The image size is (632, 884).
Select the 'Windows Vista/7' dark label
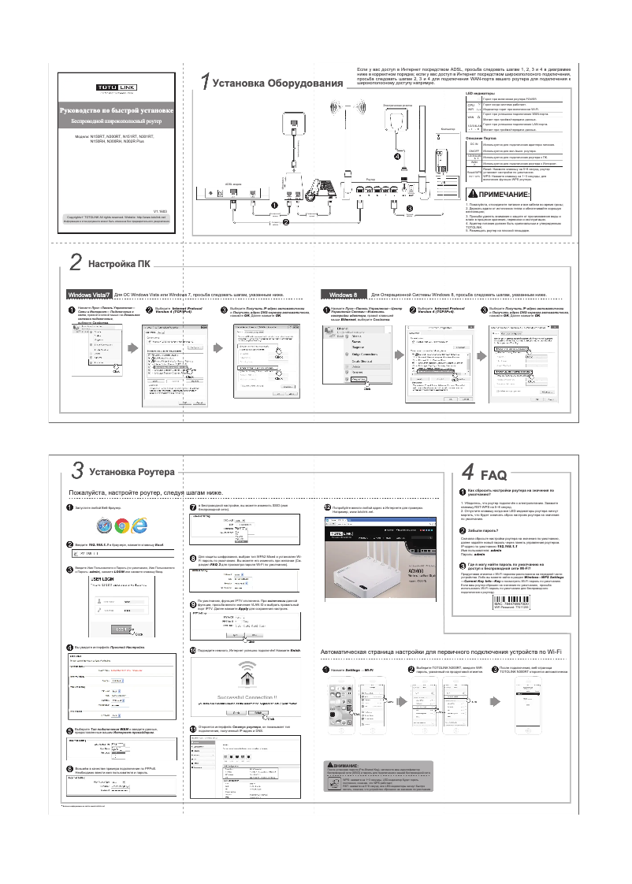point(89,294)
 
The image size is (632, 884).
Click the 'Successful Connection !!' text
point(247,697)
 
